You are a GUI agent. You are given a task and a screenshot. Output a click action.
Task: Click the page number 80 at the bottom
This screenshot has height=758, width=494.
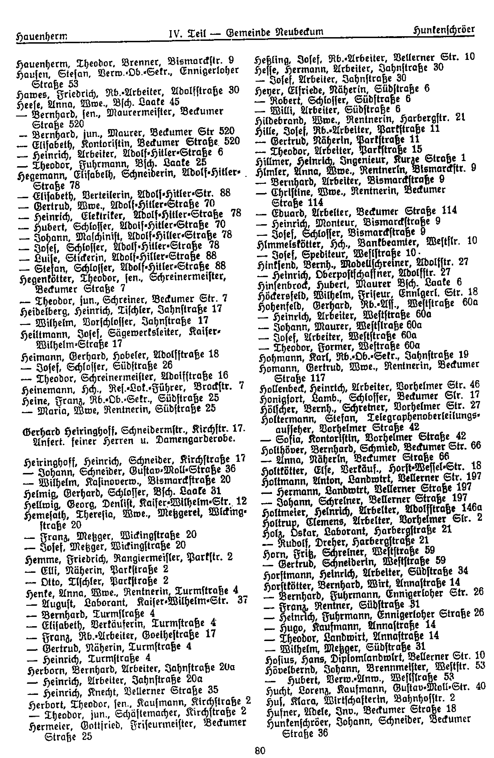[x=260, y=750]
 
